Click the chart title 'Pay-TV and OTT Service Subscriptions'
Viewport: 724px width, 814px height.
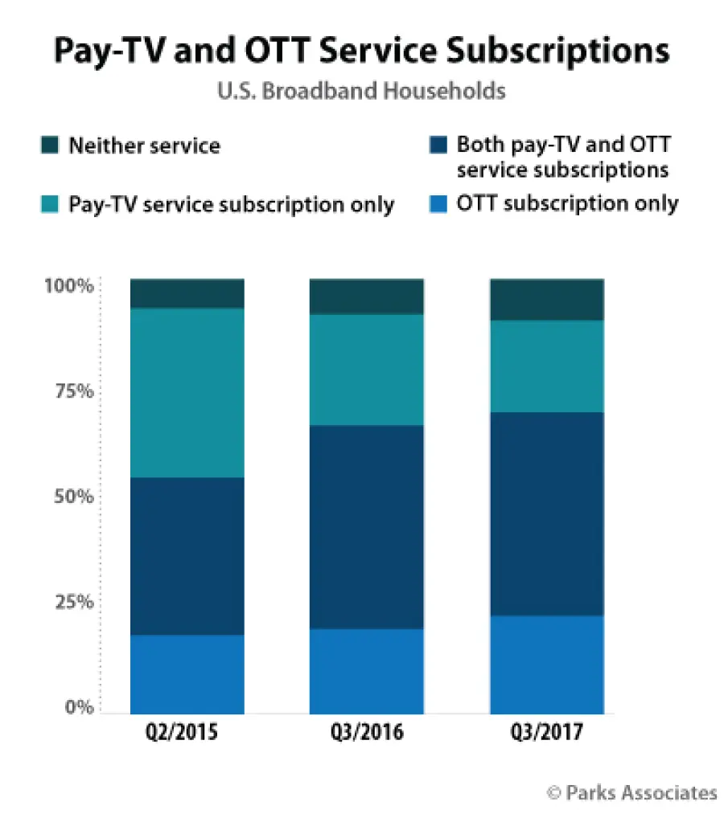click(x=361, y=51)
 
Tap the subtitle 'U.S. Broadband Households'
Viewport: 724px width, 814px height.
click(x=361, y=92)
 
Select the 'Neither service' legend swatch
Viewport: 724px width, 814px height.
click(x=49, y=145)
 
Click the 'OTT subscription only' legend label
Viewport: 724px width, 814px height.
click(x=567, y=203)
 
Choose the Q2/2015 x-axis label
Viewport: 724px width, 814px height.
click(x=187, y=734)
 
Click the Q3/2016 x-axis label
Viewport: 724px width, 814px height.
click(x=367, y=734)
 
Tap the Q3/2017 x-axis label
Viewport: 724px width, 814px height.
click(x=547, y=734)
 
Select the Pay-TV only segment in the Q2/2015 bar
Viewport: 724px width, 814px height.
click(x=187, y=393)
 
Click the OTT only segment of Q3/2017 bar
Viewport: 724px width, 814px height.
click(x=547, y=665)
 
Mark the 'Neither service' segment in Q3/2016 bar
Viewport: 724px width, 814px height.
click(x=367, y=297)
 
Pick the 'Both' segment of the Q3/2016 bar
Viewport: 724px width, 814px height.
click(x=367, y=526)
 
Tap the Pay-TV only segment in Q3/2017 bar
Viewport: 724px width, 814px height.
click(x=547, y=366)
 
